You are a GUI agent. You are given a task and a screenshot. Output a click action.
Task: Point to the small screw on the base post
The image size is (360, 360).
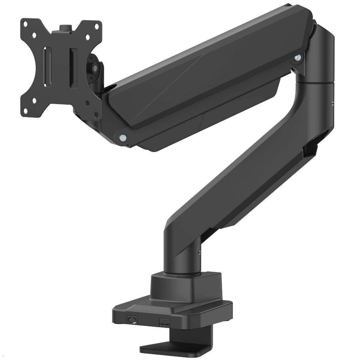coord(199,253)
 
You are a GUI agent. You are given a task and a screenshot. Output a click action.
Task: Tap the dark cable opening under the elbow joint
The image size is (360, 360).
coord(309,150)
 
